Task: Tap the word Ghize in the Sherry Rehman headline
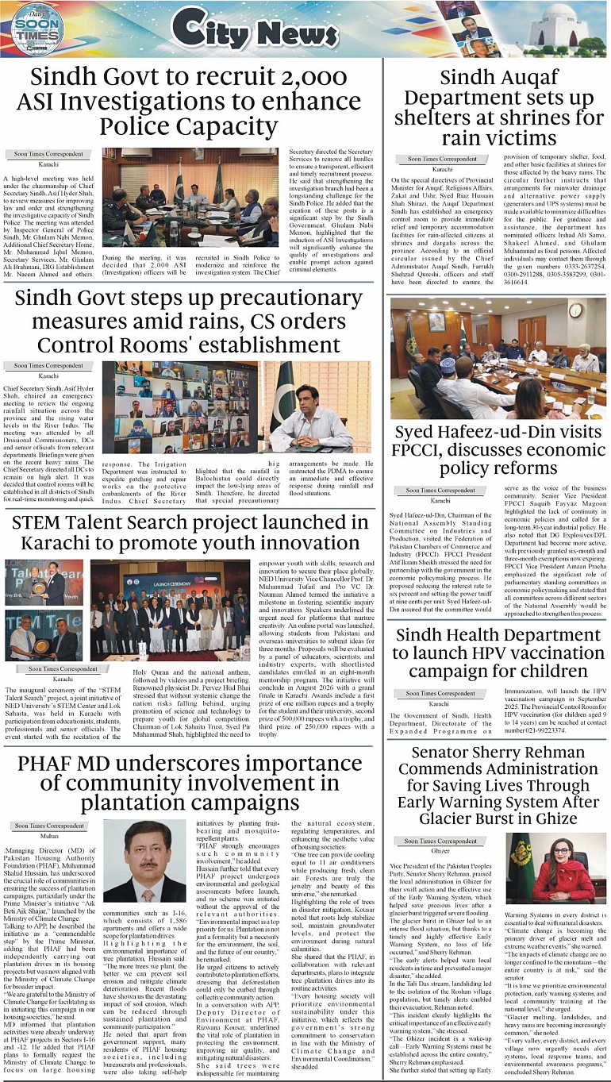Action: pos(559,818)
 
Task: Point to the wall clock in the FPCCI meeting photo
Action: pos(575,310)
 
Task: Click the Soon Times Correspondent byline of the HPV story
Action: pos(440,693)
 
